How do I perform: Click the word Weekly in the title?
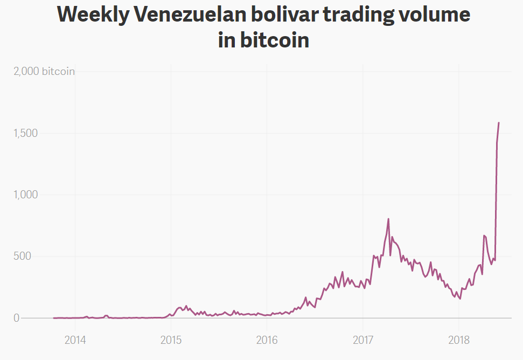[93, 15]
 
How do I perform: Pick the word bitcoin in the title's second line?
[275, 40]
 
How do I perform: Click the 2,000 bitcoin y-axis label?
[44, 71]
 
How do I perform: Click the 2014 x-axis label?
[75, 340]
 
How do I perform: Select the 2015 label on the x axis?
[171, 340]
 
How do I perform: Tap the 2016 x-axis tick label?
[267, 340]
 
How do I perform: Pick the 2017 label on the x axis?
[362, 340]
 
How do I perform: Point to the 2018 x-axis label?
[458, 340]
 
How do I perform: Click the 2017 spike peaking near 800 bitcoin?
[388, 219]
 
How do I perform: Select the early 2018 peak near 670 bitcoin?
[484, 236]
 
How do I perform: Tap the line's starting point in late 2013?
[54, 318]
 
